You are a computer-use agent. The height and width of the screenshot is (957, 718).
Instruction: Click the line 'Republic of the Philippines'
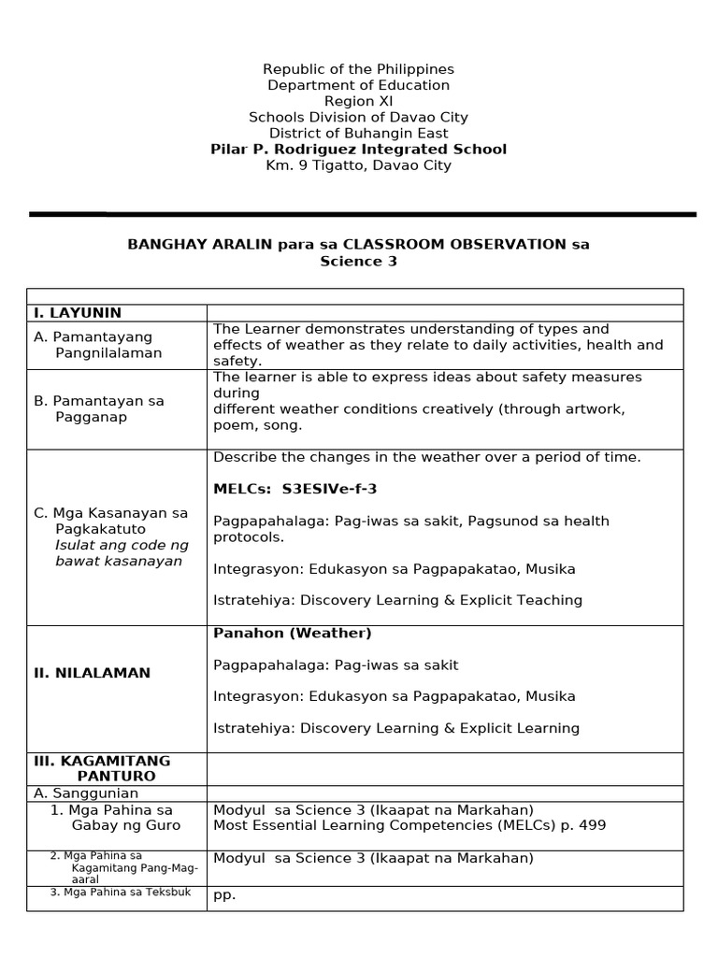coord(358,69)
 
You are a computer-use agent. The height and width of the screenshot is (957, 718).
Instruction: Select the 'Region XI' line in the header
coord(358,101)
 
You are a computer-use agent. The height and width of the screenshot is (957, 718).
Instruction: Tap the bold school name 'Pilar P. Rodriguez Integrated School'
coord(358,150)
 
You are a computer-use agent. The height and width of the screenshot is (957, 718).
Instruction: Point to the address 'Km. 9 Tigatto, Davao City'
coord(358,165)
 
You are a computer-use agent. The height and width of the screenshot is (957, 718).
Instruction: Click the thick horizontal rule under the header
coord(362,214)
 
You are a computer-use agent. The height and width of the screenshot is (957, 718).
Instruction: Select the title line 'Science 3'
coord(358,262)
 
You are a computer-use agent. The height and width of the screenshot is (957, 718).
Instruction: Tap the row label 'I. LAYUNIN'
coord(78,313)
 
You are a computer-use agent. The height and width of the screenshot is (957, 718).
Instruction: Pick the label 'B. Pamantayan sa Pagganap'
coord(98,408)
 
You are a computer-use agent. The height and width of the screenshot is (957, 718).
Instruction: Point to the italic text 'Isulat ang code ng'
coord(122,545)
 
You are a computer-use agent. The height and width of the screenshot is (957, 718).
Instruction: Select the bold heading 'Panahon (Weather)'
coord(292,634)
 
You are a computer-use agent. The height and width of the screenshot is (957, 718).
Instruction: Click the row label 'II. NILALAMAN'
coord(92,673)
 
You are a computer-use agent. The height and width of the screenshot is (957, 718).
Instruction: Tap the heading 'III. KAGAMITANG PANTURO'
coord(103,768)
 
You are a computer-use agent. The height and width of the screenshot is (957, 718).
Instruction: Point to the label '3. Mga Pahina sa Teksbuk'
coord(121,892)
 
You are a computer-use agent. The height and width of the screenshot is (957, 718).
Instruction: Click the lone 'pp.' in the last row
coord(224,894)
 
